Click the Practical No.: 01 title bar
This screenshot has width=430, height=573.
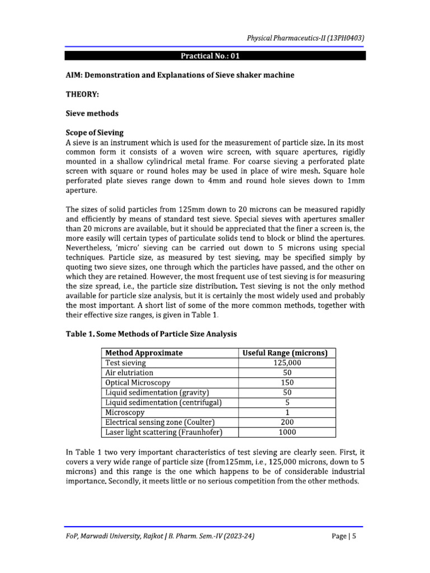[x=215, y=56]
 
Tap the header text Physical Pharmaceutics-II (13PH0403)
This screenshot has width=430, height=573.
[x=306, y=37]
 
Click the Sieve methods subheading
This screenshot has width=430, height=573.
[x=92, y=114]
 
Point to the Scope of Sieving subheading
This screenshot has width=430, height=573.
[x=95, y=133]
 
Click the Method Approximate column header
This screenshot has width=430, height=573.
[x=144, y=353]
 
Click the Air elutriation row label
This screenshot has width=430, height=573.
[x=129, y=373]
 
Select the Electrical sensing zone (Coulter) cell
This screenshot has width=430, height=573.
[x=160, y=422]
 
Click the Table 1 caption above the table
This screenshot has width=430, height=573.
[x=151, y=334]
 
